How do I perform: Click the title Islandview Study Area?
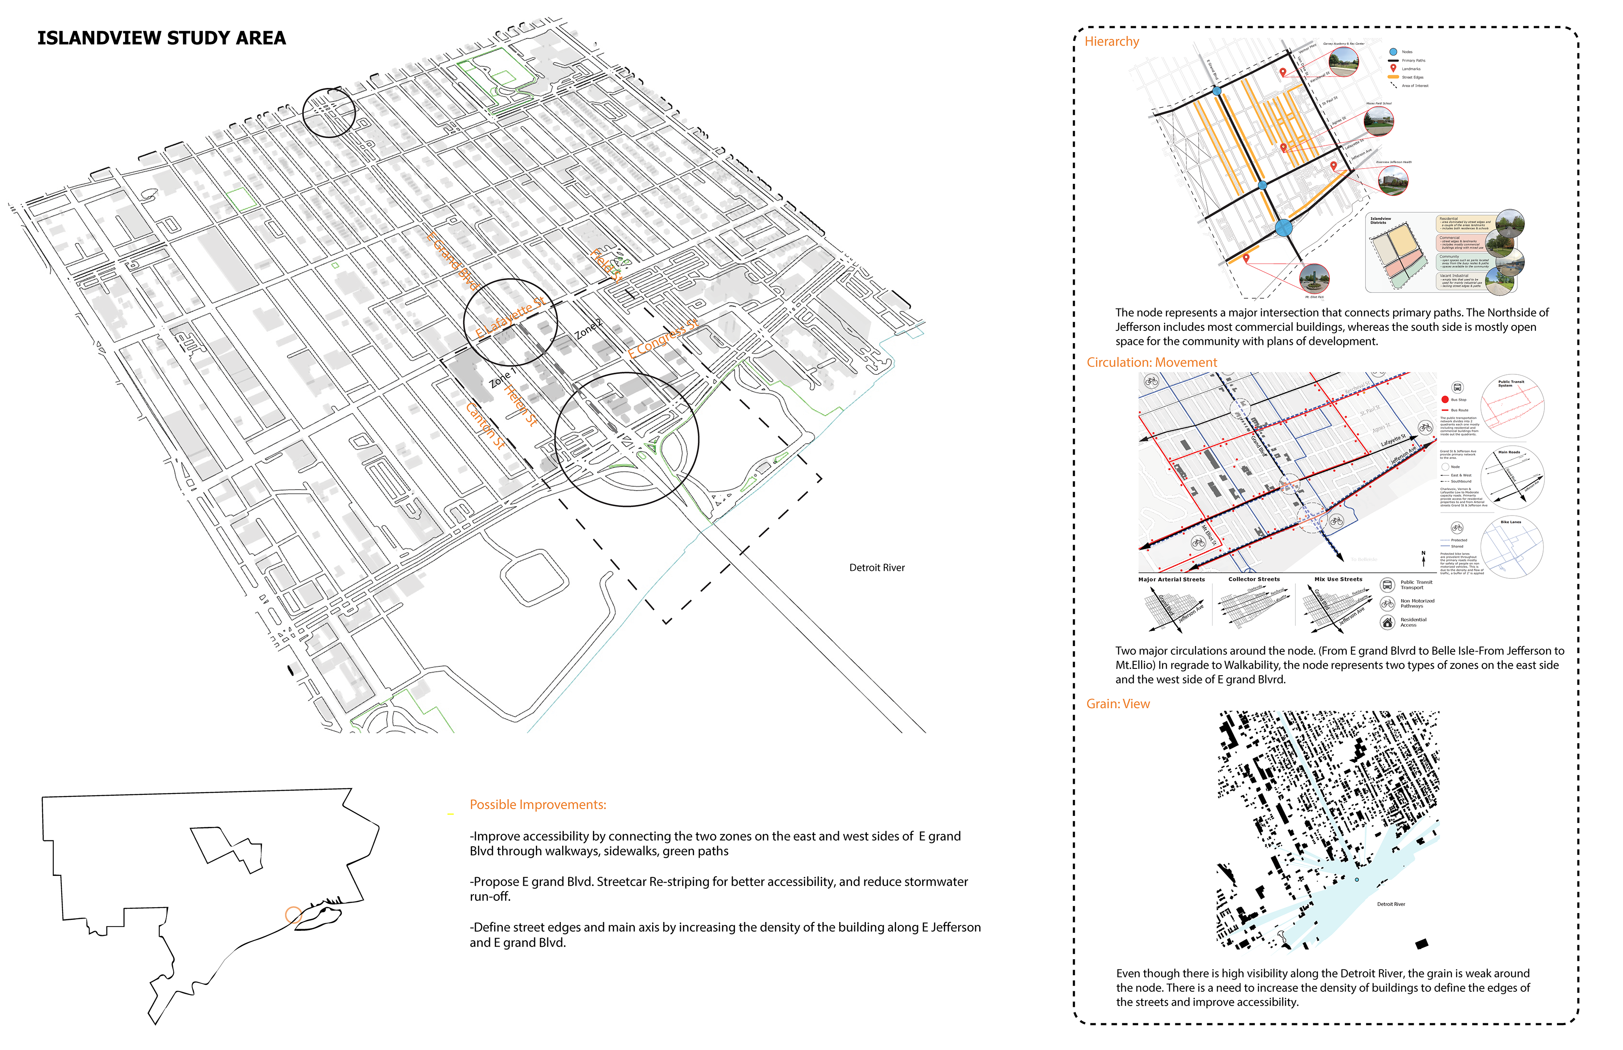(x=161, y=38)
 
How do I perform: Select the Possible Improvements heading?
(x=537, y=805)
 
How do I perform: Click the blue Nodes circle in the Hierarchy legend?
(x=1393, y=52)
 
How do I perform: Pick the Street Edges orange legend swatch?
(x=1393, y=77)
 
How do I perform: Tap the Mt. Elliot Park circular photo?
(x=1314, y=278)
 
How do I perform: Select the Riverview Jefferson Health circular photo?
(x=1393, y=181)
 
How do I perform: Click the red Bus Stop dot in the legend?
(x=1444, y=400)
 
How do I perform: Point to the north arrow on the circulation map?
(x=1423, y=559)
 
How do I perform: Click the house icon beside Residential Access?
(x=1387, y=622)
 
